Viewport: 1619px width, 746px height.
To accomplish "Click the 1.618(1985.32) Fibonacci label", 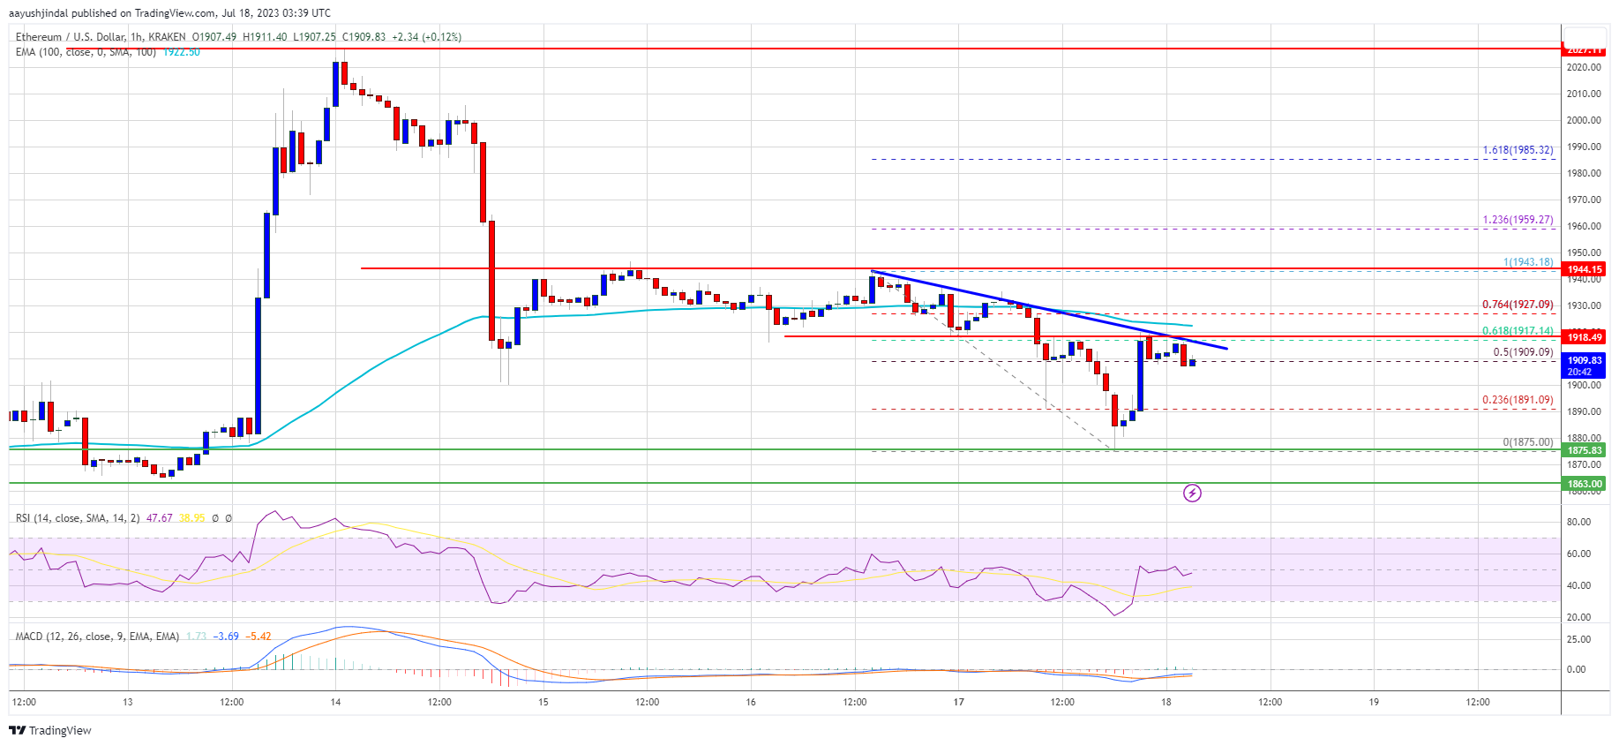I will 1518,150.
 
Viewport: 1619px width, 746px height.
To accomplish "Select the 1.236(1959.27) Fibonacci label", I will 1518,220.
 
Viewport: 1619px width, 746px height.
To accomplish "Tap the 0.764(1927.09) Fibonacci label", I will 1518,305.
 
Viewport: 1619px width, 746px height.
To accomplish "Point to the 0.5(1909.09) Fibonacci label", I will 1523,352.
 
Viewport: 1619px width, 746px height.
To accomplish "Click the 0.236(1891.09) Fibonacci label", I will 1518,400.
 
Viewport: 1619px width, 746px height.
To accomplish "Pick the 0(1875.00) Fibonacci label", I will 1528,442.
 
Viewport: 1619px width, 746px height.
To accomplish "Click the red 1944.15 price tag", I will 1585,269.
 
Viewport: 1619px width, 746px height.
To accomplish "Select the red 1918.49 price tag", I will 1585,336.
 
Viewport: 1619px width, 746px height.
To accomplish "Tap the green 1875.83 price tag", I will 1585,450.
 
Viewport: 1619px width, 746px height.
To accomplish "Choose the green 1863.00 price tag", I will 1585,484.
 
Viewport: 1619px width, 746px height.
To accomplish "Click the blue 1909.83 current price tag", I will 1585,360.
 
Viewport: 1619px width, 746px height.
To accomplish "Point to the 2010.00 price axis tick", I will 1584,94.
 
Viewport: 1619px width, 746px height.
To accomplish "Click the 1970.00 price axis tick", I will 1584,200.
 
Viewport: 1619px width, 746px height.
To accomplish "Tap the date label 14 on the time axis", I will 335,703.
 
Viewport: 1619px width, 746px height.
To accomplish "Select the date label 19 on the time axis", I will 1374,703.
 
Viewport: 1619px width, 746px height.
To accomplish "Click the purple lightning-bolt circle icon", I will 1192,493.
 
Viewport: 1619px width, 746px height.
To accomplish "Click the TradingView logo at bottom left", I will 50,730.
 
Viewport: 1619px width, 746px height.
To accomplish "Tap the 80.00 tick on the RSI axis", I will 1578,523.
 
